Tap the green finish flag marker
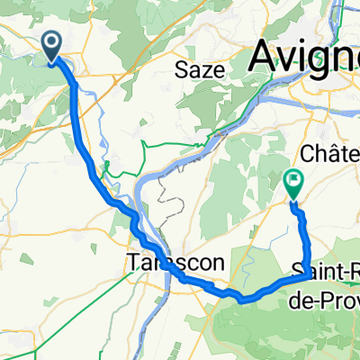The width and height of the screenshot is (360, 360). click(292, 184)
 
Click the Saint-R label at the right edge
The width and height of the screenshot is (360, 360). click(326, 271)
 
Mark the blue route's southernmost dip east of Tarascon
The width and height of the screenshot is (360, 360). click(240, 297)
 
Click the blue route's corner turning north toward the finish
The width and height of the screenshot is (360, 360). click(307, 276)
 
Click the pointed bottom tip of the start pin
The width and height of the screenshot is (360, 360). click(51, 62)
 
